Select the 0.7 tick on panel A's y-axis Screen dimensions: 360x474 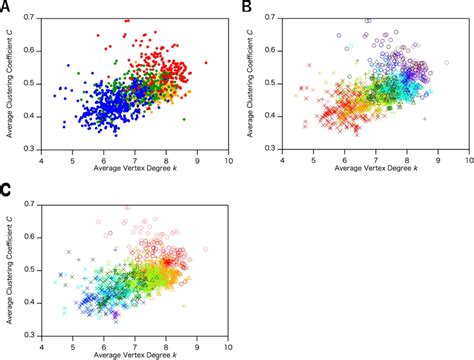(x=33, y=19)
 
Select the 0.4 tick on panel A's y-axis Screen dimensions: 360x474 (x=33, y=119)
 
